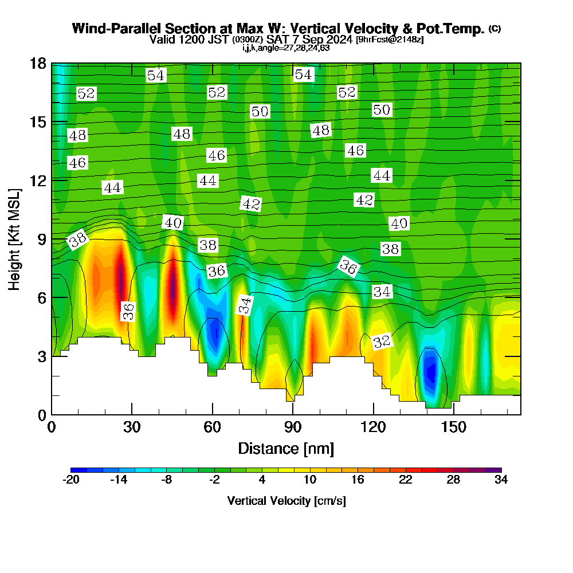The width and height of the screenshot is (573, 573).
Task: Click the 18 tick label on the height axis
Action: click(38, 64)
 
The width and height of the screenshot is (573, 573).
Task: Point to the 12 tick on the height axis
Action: click(60, 180)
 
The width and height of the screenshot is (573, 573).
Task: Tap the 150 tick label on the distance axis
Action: click(454, 427)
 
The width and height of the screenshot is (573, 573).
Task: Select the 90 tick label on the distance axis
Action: click(293, 427)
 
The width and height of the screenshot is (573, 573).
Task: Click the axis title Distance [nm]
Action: click(286, 449)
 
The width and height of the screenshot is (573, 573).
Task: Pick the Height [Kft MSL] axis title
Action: click(14, 240)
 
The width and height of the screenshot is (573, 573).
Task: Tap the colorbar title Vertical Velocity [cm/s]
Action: click(286, 501)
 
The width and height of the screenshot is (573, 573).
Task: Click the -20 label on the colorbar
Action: click(71, 480)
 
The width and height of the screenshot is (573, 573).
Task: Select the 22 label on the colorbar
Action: click(406, 480)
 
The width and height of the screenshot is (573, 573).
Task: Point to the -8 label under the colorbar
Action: click(166, 480)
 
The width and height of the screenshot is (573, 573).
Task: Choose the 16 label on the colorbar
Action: click(358, 480)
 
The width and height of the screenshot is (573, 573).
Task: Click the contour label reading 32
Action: click(382, 342)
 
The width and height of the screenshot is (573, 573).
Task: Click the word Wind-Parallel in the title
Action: click(117, 29)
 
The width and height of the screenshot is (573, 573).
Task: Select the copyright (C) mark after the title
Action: click(495, 29)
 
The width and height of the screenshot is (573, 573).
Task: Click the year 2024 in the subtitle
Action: click(340, 40)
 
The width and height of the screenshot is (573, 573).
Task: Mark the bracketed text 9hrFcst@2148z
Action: click(390, 40)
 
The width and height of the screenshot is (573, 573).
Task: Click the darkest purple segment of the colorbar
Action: click(494, 470)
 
